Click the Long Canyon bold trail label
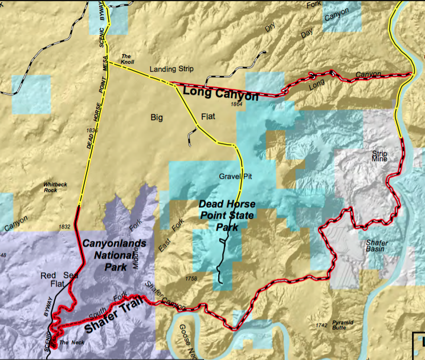220,93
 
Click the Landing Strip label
171,69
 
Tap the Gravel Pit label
235,177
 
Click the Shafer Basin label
376,246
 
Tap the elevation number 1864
238,105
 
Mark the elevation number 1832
64,227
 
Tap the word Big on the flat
157,117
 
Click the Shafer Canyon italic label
165,296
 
